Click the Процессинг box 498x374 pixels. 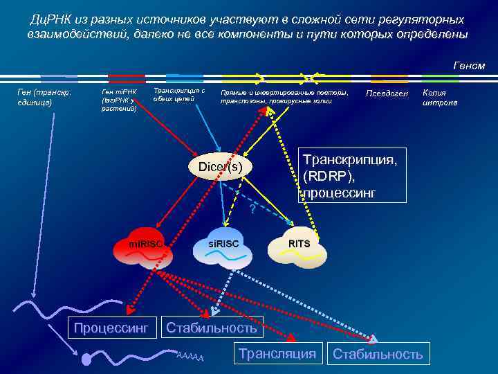111,327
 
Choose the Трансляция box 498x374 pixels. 277,353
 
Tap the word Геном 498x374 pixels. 468,66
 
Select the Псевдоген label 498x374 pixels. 388,93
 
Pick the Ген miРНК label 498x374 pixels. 120,100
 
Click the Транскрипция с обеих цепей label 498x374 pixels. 178,94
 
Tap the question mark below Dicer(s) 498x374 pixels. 253,208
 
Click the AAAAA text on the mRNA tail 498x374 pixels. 190,356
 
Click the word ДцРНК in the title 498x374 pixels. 54,19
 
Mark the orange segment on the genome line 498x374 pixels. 389,78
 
